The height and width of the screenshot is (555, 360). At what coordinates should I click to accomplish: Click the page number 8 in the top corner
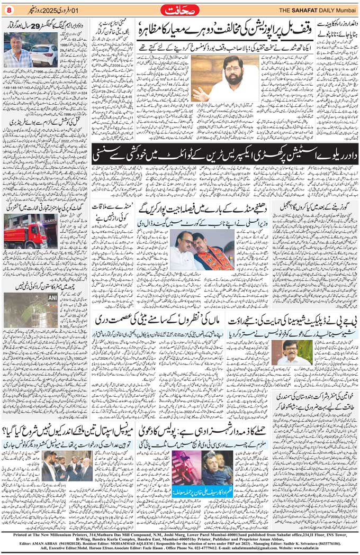click(8, 11)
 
